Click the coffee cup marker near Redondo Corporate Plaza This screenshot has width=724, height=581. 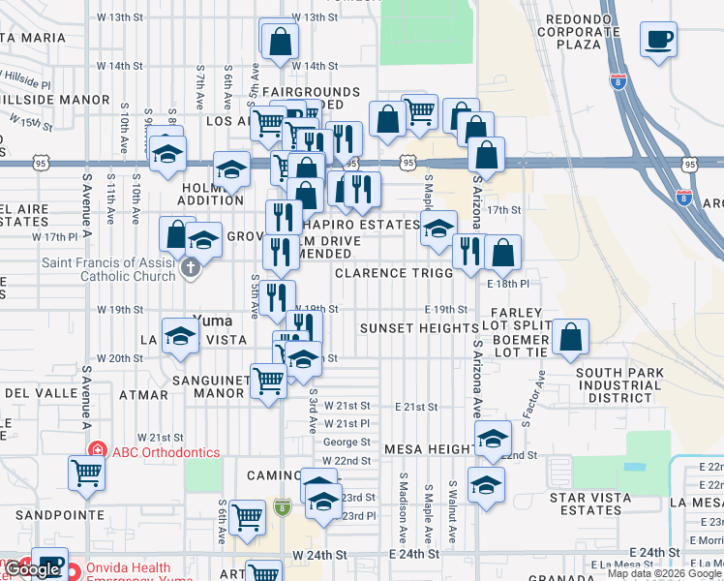click(x=659, y=41)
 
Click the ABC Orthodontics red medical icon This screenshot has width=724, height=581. click(x=97, y=451)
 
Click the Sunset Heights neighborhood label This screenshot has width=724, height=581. click(x=419, y=328)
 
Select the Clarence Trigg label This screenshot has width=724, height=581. click(x=394, y=273)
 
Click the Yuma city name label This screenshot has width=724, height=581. click(x=213, y=320)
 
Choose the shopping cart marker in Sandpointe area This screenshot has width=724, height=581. click(x=86, y=474)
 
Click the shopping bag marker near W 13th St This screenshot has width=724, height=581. click(x=279, y=42)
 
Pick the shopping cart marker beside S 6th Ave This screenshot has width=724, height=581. click(x=248, y=518)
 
